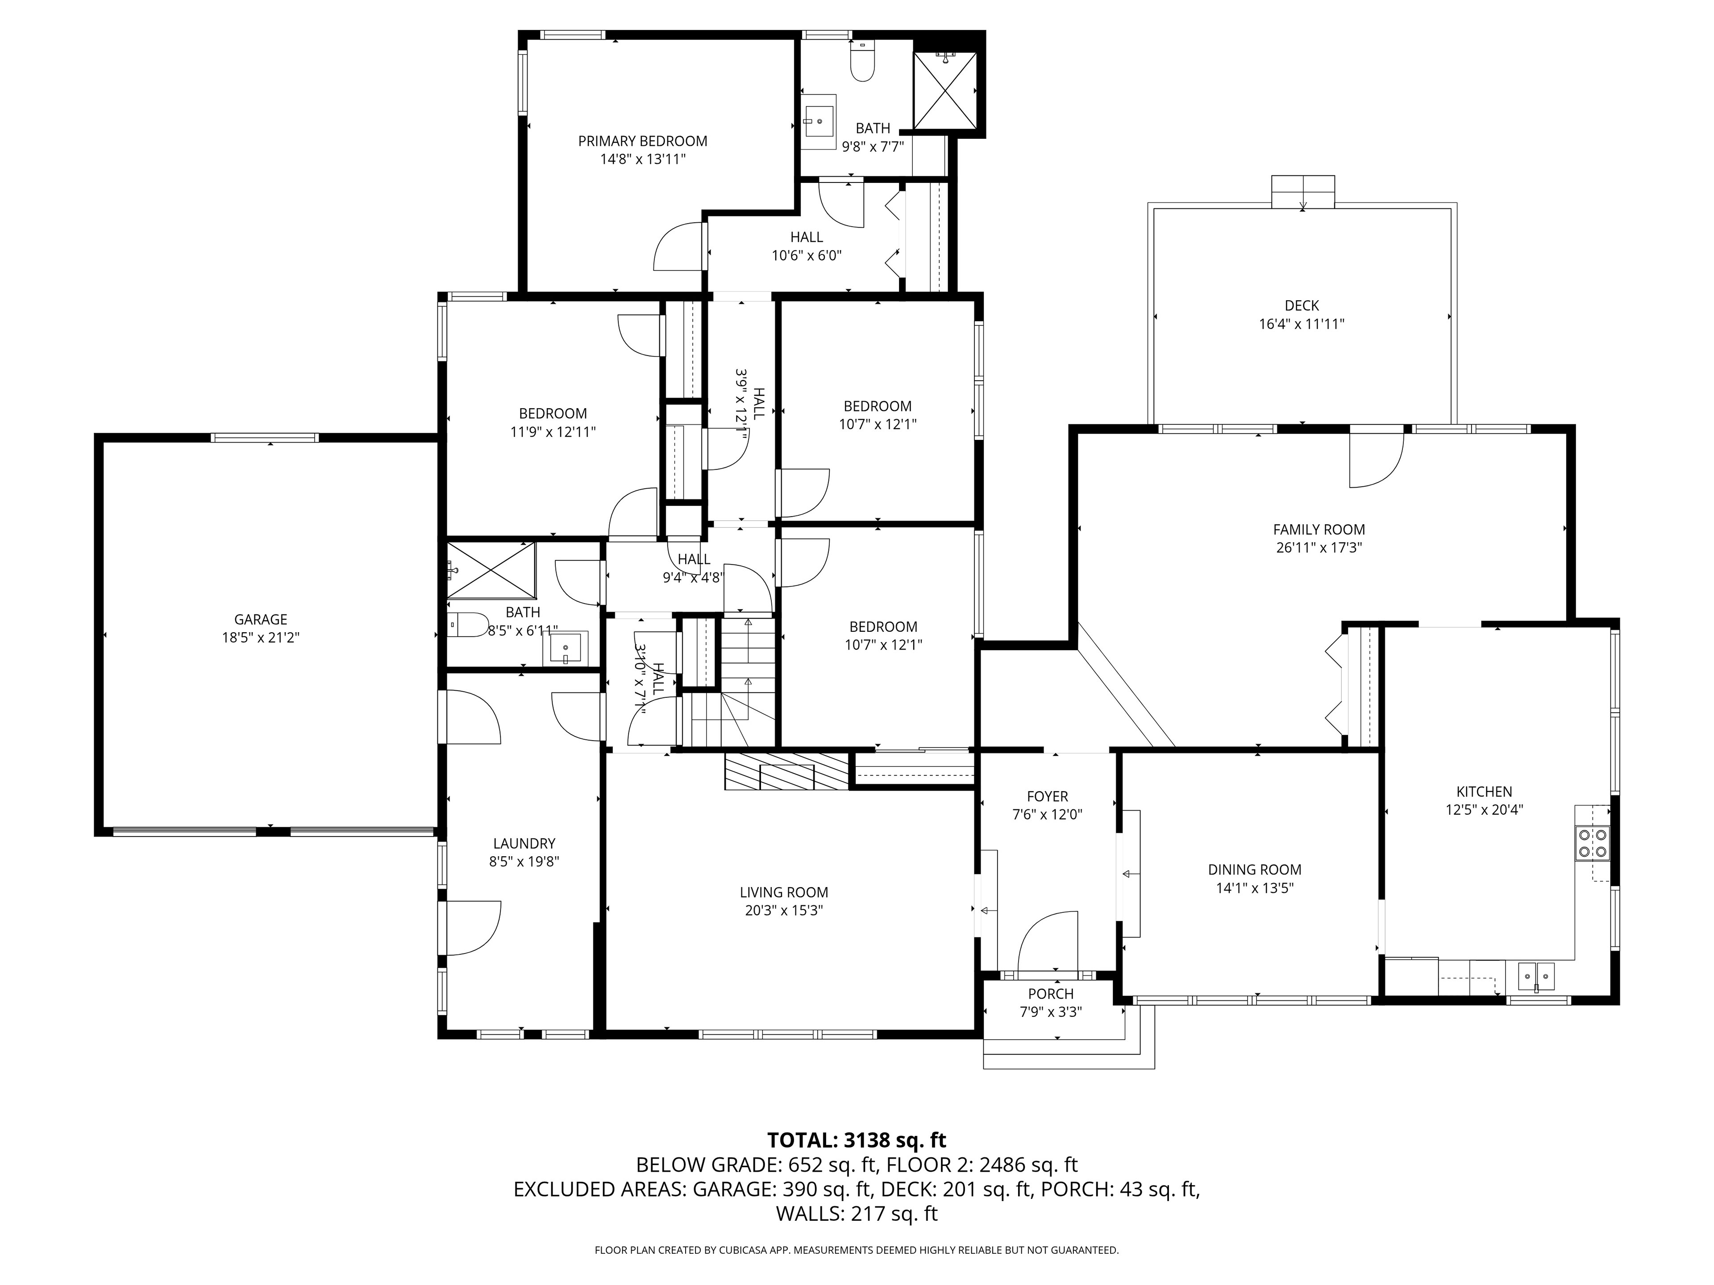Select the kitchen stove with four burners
[x=1592, y=843]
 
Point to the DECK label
[x=1302, y=306]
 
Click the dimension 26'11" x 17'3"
[x=1319, y=547]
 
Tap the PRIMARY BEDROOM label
[x=642, y=141]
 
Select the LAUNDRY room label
[x=524, y=843]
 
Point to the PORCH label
[x=1051, y=994]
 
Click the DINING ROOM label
[x=1255, y=870]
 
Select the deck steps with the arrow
[x=1303, y=191]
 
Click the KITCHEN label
[x=1484, y=792]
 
